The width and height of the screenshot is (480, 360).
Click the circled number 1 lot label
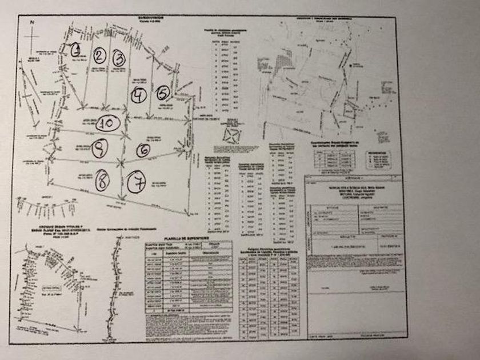[x=76, y=49]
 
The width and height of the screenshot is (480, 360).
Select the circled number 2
[x=100, y=55]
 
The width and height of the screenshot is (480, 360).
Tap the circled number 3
[x=118, y=58]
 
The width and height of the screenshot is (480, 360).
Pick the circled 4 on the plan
[x=138, y=95]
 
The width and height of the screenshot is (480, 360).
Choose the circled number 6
[x=143, y=150]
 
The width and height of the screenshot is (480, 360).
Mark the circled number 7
[x=137, y=183]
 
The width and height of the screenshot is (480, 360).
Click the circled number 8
[x=102, y=182]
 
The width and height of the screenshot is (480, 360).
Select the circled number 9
[x=99, y=149]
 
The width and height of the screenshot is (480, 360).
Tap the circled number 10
[x=107, y=122]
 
